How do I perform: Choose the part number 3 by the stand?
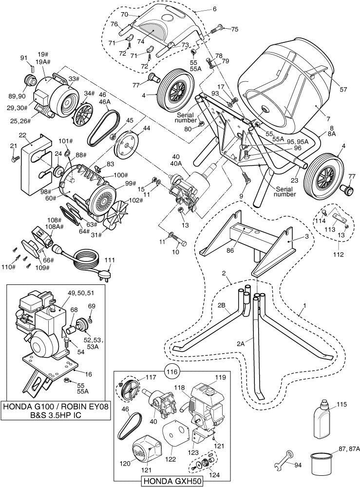(x=306, y=236)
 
